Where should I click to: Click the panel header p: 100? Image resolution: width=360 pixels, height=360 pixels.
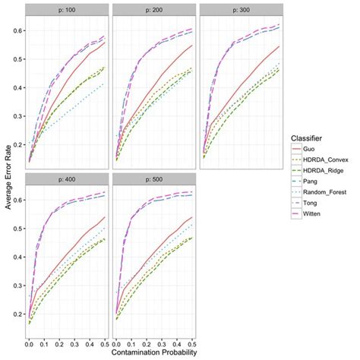[x=67, y=9]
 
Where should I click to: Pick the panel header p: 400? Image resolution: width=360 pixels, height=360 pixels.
[x=67, y=179]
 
